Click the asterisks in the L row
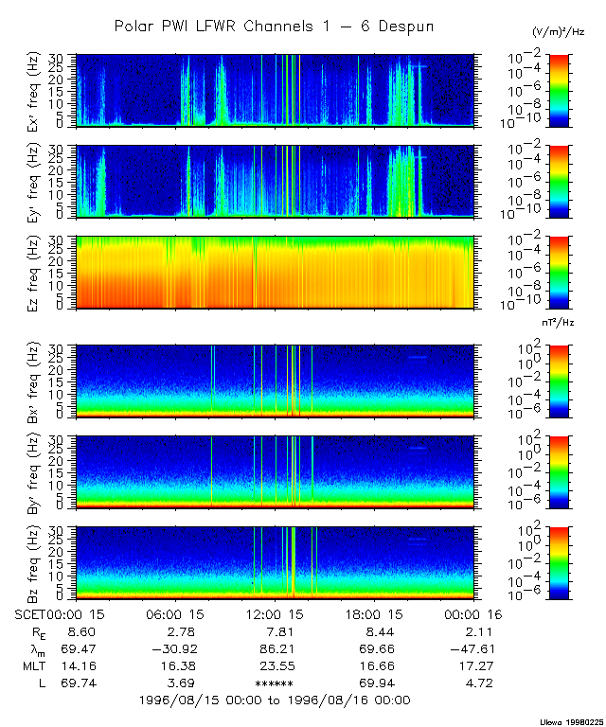click(x=275, y=683)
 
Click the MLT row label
click(x=33, y=665)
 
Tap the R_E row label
click(x=35, y=631)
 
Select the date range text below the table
click(x=274, y=700)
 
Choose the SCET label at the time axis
click(x=31, y=613)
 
